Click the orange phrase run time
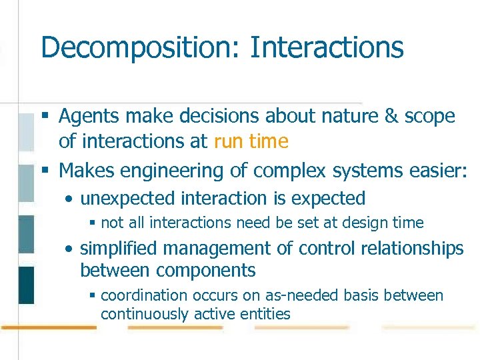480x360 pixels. point(251,141)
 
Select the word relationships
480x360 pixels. point(413,249)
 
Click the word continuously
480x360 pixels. point(145,313)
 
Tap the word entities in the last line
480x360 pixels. point(267,313)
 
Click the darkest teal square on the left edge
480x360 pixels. point(26,285)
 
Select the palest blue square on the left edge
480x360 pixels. point(26,131)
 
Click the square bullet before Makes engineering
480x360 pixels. point(45,171)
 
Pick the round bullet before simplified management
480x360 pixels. point(69,249)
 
